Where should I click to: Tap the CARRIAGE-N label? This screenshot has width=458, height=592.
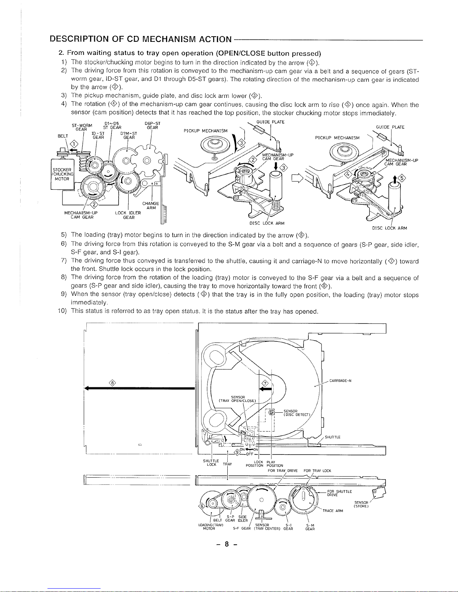point(340,381)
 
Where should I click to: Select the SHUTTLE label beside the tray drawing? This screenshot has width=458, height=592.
point(332,437)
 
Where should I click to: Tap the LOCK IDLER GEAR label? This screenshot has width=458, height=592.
point(128,215)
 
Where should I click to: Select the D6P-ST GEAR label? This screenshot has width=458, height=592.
point(153,125)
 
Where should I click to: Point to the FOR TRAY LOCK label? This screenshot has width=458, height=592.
point(317,471)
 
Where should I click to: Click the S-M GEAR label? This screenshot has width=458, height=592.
point(310,527)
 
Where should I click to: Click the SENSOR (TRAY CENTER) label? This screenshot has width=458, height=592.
point(265,527)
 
